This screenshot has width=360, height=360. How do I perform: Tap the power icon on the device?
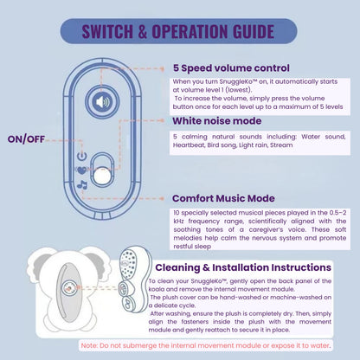point(81,157)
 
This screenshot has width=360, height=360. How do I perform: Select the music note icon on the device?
point(83,183)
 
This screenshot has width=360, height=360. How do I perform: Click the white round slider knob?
point(104,175)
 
